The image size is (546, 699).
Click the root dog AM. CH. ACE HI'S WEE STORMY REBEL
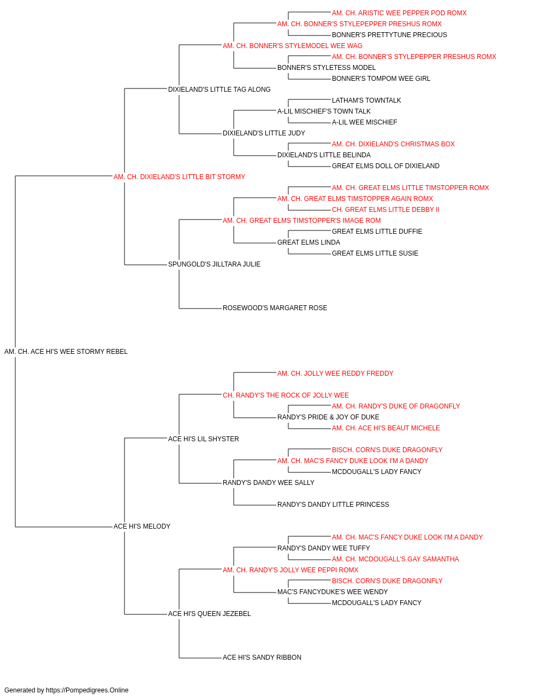[66, 352]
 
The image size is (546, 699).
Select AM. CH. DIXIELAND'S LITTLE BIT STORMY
[179, 177]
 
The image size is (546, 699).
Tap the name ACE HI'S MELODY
[142, 526]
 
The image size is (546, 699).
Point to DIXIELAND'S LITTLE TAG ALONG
[219, 90]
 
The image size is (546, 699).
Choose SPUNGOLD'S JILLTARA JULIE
[214, 264]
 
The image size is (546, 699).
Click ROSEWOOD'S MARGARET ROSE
[275, 308]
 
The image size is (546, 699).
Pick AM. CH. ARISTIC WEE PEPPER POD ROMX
[399, 13]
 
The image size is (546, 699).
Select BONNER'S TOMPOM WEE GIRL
[381, 79]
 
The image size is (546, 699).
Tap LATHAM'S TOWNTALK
[366, 100]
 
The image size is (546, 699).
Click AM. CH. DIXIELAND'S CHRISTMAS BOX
[393, 144]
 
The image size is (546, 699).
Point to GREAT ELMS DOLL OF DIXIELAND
[385, 166]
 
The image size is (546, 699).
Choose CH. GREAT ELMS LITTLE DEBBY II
[385, 210]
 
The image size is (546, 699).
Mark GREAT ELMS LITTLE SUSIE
[375, 253]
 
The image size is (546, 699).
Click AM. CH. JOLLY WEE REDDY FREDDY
[335, 374]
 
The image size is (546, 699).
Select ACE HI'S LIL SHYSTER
[204, 439]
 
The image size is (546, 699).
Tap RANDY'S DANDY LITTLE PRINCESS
[333, 505]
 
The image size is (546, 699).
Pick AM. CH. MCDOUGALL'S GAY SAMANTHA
[395, 559]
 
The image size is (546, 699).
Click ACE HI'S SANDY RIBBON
[262, 657]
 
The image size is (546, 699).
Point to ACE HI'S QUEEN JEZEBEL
[209, 614]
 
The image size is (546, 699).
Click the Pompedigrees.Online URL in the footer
[87, 690]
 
